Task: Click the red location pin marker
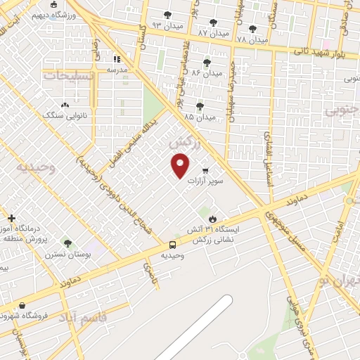point(181,165)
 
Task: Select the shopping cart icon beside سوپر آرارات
point(205,170)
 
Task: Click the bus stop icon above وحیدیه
point(173,245)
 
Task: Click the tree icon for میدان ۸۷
point(213,22)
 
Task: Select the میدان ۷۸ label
point(252,39)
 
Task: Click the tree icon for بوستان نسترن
point(67,243)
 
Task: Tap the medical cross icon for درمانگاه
point(11,219)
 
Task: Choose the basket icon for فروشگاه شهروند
point(24,306)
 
